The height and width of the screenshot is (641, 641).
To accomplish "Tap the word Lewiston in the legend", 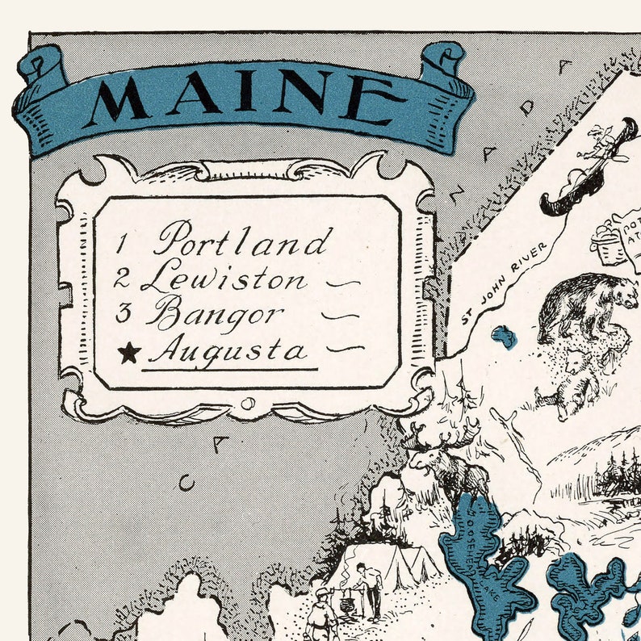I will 224,279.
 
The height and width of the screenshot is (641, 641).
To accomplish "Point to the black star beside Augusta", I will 129,352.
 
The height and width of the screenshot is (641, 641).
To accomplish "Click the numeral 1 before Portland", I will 123,242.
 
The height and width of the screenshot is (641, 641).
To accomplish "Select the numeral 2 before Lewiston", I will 122,280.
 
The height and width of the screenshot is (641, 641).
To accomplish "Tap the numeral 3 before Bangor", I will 122,313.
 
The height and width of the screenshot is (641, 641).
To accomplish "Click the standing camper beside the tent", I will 371,589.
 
